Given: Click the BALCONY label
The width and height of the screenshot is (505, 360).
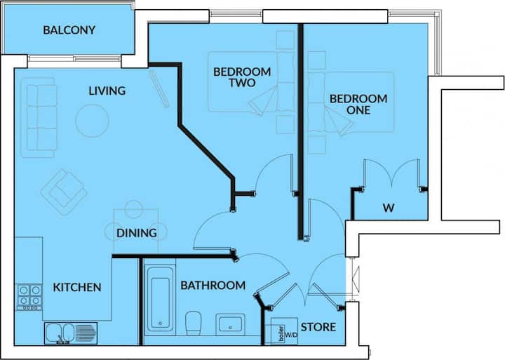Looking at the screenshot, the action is point(69,30).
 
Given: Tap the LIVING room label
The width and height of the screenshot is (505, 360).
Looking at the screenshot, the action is point(107,91).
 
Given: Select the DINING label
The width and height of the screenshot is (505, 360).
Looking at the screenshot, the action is point(137,233).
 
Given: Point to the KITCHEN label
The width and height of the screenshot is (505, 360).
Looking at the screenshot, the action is point(77,287).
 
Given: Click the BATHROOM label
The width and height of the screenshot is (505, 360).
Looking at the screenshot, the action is point(213,285).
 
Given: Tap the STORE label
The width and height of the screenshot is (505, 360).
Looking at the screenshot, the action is point(318,327).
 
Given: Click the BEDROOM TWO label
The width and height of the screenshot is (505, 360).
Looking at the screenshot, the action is point(242,77).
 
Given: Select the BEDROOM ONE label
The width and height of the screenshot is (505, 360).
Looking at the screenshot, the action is point(358,104).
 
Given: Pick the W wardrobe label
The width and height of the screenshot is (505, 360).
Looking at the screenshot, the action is point(389,208).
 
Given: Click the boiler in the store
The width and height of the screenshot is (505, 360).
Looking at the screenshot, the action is point(281,334).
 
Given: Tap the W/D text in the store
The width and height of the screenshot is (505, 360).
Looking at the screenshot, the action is point(291,335).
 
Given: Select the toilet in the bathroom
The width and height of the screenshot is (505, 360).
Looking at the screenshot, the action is point(194,323).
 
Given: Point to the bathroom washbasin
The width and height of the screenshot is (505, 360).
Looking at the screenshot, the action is point(230,324).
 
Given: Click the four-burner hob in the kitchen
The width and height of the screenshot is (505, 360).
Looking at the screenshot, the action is point(29,297).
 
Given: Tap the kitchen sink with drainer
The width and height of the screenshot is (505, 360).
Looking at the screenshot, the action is point(71,333).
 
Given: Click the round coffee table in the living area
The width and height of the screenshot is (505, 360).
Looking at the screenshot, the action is point(92,121).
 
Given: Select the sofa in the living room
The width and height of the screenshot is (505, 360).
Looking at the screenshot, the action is point(39,118).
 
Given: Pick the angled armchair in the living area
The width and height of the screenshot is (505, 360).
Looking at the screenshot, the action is point(64,192).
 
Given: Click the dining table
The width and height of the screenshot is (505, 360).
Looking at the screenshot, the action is point(135,231).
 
